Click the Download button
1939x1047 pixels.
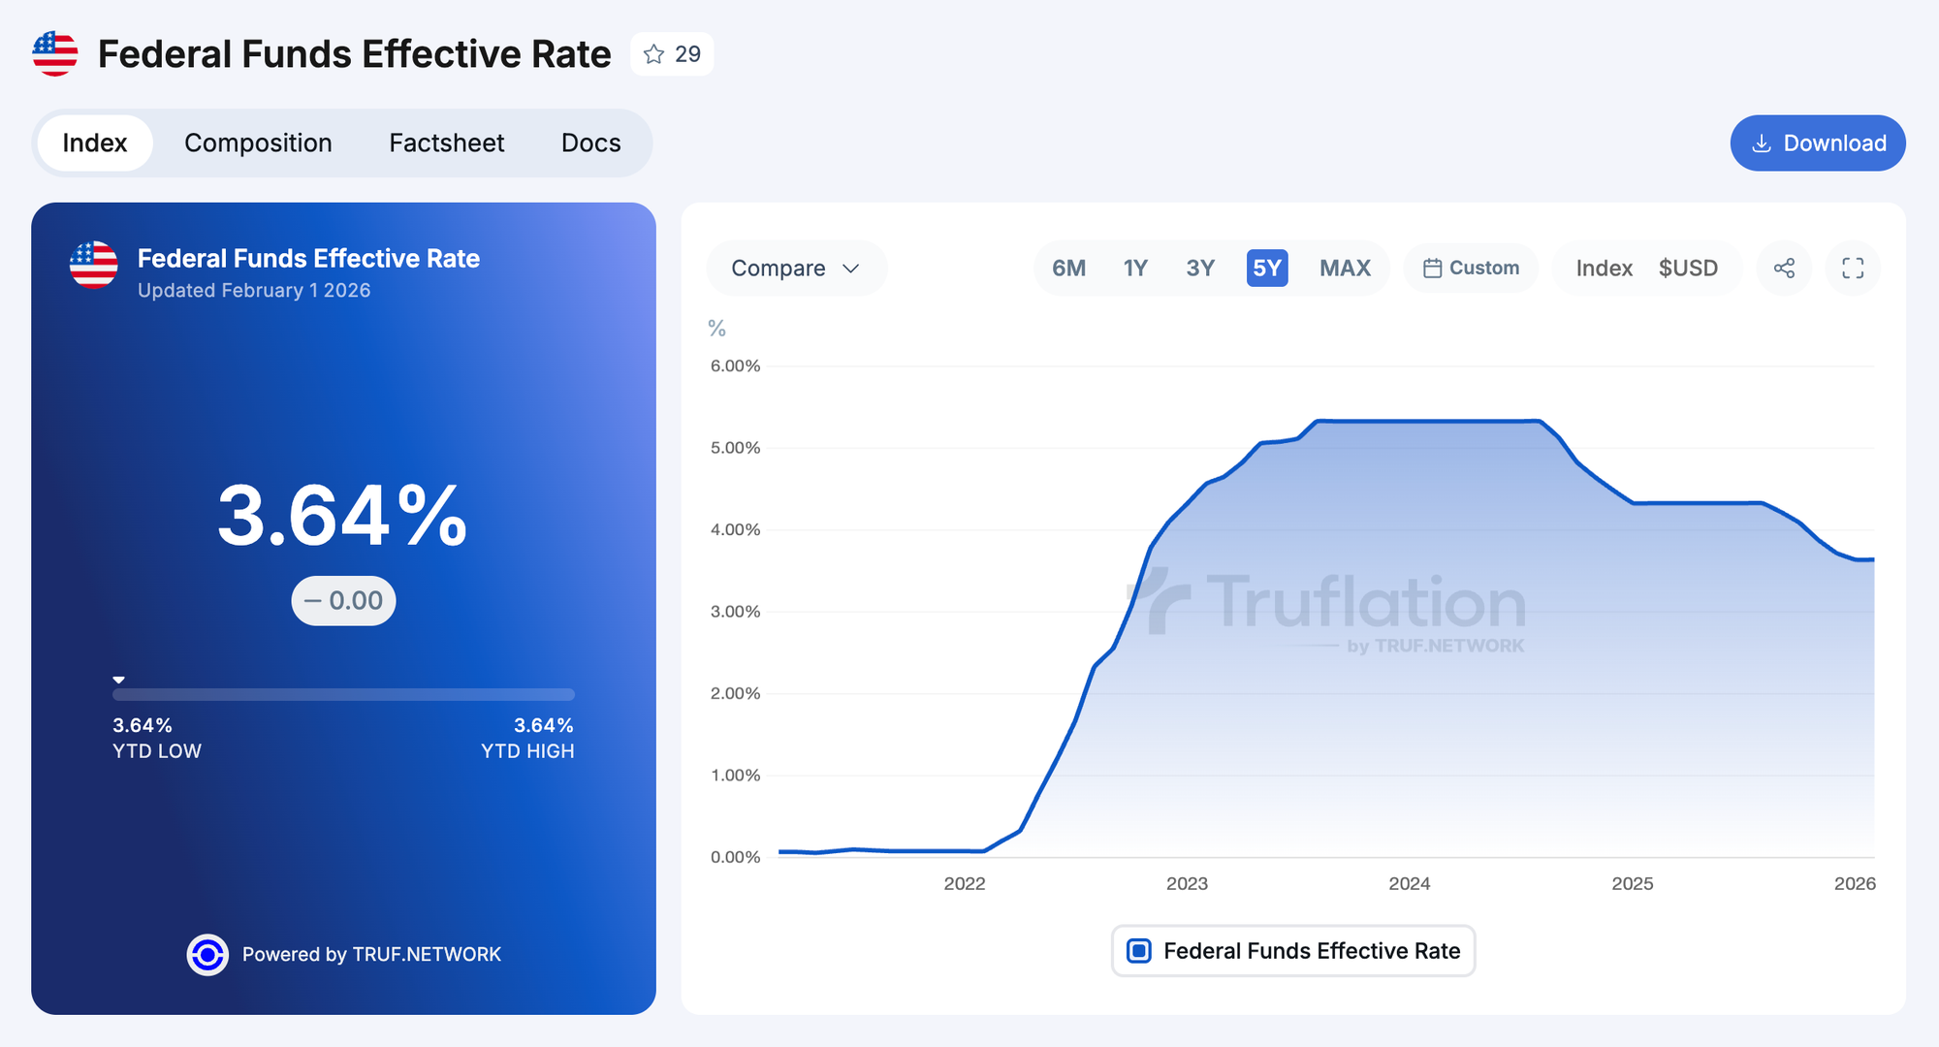click(x=1818, y=143)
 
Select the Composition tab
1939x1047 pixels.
click(x=258, y=143)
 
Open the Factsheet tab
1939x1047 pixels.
click(x=446, y=143)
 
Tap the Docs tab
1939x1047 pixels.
click(x=590, y=143)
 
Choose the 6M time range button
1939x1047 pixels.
click(x=1068, y=269)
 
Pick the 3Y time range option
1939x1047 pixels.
click(x=1200, y=269)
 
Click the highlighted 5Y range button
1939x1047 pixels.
click(x=1267, y=269)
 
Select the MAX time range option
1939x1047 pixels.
click(x=1345, y=269)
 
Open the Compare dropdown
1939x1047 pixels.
click(x=796, y=269)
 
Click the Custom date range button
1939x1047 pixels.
click(x=1471, y=269)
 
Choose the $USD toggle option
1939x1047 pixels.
click(x=1688, y=269)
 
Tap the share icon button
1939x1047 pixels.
click(x=1784, y=269)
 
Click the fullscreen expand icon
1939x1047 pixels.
click(x=1853, y=269)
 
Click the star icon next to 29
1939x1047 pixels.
click(x=654, y=54)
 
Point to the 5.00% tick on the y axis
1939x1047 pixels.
click(x=735, y=448)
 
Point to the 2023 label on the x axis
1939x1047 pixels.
click(x=1187, y=883)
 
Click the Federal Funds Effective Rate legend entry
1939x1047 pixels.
click(x=1293, y=951)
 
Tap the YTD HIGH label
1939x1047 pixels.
click(x=527, y=751)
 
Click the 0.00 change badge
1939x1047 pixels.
click(x=344, y=601)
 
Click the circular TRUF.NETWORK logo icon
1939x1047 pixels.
click(x=207, y=955)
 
